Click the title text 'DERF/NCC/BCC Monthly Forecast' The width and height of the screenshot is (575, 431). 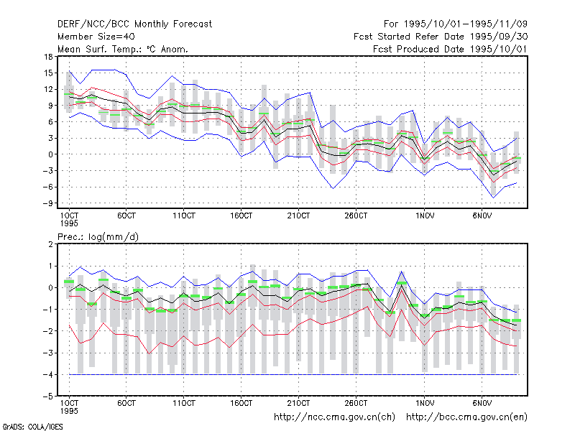pyautogui.click(x=134, y=24)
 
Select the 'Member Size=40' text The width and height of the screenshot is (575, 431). pyautogui.click(x=96, y=37)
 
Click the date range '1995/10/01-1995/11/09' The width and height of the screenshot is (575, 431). pyautogui.click(x=466, y=24)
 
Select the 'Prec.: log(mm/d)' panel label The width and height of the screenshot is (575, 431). pyautogui.click(x=98, y=237)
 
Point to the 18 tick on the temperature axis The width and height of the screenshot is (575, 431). pyautogui.click(x=49, y=57)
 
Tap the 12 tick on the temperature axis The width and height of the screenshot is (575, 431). pyautogui.click(x=49, y=89)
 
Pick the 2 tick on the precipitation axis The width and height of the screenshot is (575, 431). pyautogui.click(x=50, y=244)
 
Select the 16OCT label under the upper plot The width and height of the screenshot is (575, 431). pyautogui.click(x=241, y=215)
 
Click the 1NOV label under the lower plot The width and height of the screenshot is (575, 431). pyautogui.click(x=425, y=403)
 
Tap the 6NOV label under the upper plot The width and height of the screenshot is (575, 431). pyautogui.click(x=482, y=215)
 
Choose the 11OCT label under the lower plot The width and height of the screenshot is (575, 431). pyautogui.click(x=184, y=403)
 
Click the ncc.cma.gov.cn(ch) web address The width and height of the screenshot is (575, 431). pyautogui.click(x=334, y=417)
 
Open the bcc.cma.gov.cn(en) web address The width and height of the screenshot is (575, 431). pyautogui.click(x=466, y=417)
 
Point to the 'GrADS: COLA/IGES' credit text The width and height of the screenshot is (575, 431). pyautogui.click(x=32, y=427)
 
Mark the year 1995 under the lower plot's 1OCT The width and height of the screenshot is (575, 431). pyautogui.click(x=69, y=411)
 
